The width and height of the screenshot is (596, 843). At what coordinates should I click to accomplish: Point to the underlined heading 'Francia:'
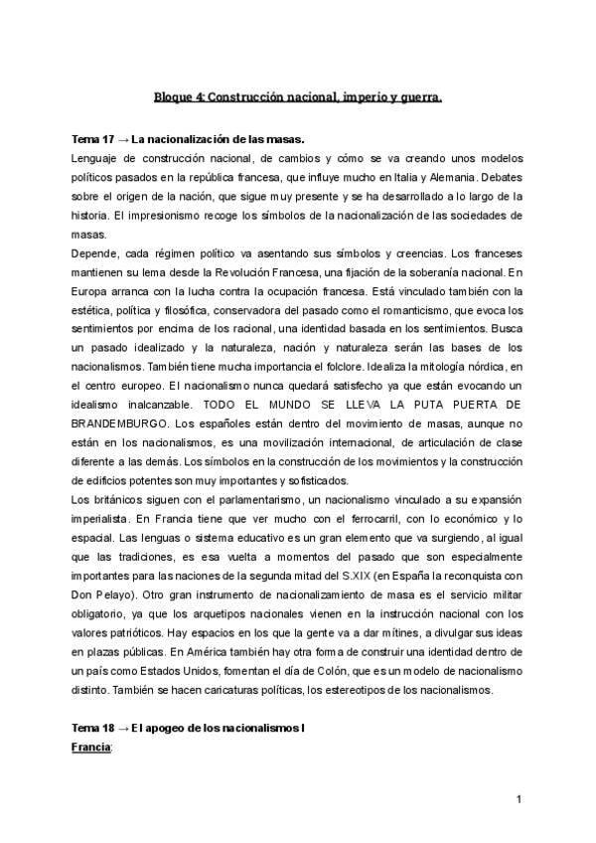coord(94,747)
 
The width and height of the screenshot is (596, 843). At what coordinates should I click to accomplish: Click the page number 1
coord(519,801)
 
